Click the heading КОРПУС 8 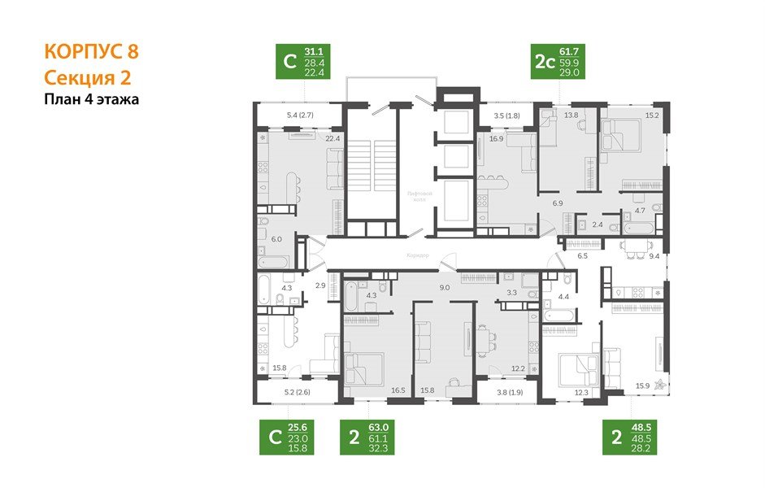[91, 52]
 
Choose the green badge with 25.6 [296, 438]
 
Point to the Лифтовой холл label [420, 198]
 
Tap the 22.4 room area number [331, 138]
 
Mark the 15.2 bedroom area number [651, 115]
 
